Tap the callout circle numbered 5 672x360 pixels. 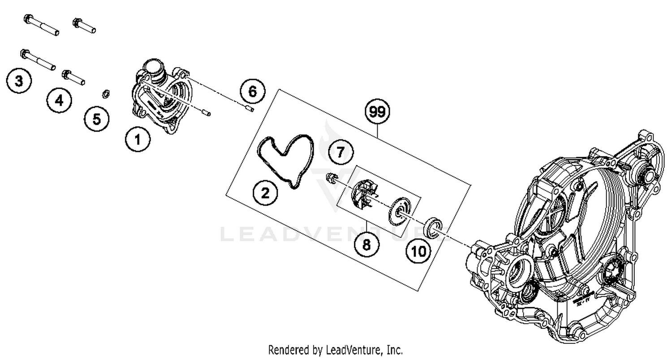click(97, 119)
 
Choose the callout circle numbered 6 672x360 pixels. click(252, 92)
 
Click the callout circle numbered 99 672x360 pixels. click(378, 112)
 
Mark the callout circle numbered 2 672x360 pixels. click(265, 193)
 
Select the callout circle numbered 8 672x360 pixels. click(366, 244)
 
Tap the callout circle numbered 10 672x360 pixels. click(419, 251)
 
